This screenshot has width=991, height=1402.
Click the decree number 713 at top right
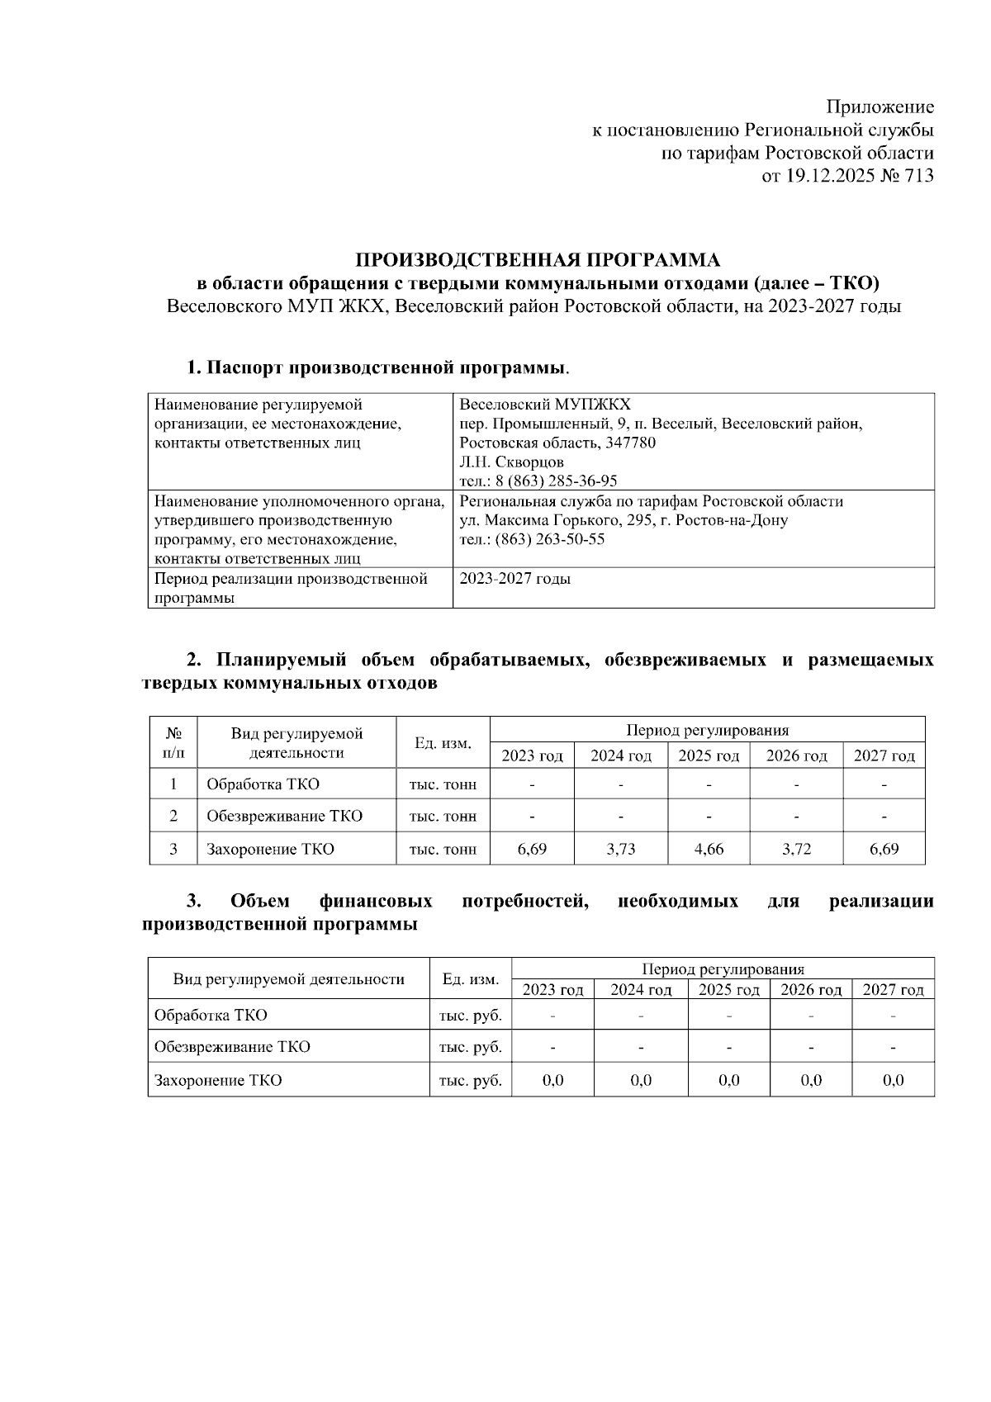(919, 175)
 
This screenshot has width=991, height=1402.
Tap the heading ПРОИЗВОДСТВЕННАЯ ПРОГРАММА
(538, 260)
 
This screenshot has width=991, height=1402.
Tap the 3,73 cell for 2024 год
(620, 849)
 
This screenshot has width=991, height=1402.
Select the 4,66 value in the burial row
(709, 849)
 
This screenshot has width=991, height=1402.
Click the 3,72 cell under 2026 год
(796, 849)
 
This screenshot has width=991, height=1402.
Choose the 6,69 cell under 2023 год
(532, 849)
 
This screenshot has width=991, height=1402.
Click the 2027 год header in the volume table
(884, 755)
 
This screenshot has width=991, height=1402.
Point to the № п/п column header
(173, 742)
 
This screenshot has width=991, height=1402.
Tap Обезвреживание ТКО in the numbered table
(284, 816)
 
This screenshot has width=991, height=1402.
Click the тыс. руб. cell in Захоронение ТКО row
(470, 1080)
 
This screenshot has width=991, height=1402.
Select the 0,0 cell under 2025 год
(728, 1080)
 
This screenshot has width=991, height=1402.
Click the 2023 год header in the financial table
(552, 989)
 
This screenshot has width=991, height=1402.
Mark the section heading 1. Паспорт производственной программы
(377, 367)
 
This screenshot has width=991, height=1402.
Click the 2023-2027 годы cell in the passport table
(514, 579)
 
